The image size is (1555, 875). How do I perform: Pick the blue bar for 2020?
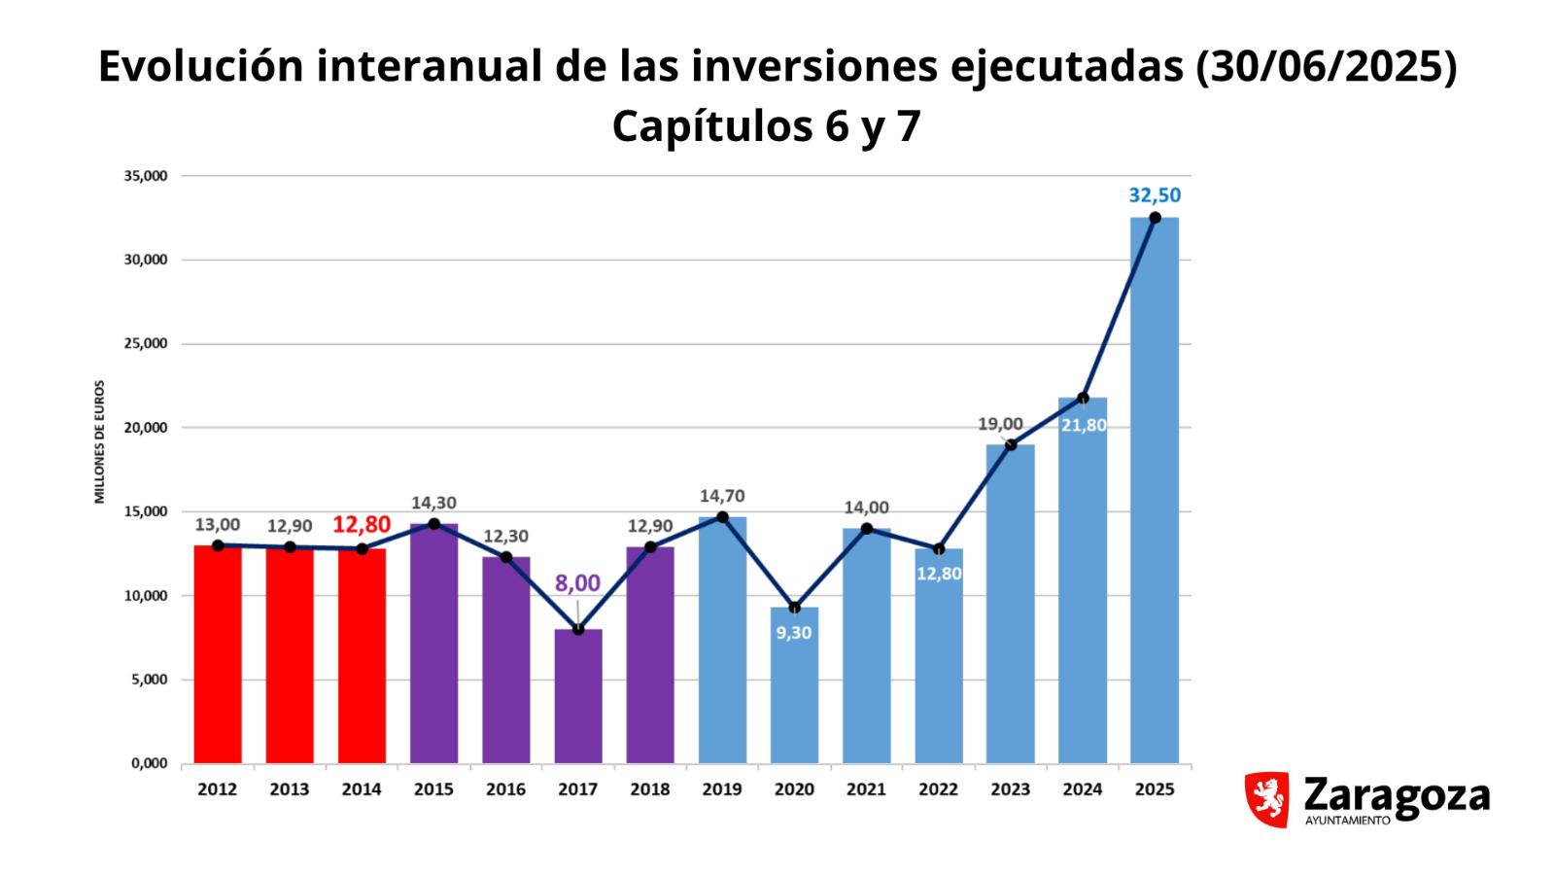coord(794,700)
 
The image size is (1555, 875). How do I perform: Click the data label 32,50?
coord(1155,195)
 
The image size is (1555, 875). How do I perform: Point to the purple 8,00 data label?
coord(577,584)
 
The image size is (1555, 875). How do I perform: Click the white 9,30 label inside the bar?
coord(794,633)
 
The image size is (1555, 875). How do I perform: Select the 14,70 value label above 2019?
coord(722,497)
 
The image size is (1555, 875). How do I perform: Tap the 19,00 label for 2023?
coord(1000,424)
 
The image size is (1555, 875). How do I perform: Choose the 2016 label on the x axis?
coord(505,789)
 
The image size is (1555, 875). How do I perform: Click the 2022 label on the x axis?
coord(938,789)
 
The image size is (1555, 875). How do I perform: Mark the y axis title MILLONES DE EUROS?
coord(99,442)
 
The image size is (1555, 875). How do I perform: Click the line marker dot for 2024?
coord(1083,398)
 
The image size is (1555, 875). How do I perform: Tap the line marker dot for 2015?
coord(433,524)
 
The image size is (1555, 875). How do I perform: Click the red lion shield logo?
coord(1266,799)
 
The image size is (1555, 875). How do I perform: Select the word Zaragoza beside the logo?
coord(1396,794)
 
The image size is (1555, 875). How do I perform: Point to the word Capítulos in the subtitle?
coord(713,126)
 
